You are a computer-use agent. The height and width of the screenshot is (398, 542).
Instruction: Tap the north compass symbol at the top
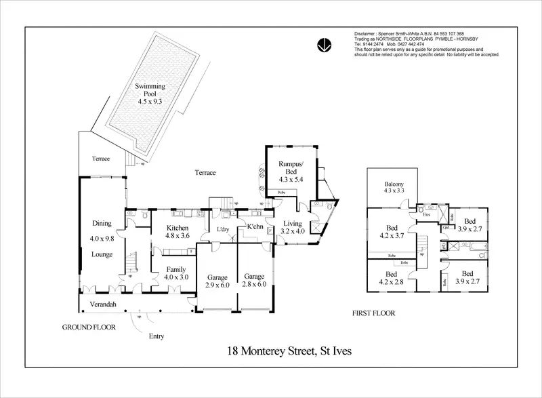tap(324, 45)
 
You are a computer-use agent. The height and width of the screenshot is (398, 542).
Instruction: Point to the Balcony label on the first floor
tap(394, 187)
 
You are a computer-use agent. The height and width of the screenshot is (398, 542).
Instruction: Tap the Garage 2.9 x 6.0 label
tap(217, 281)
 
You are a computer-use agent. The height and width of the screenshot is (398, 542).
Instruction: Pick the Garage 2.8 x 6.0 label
tap(255, 281)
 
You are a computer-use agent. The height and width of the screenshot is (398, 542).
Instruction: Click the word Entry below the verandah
tap(157, 335)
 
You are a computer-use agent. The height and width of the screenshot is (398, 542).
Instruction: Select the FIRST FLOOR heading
tap(374, 314)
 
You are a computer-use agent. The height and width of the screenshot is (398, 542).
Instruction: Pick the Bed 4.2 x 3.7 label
tap(392, 232)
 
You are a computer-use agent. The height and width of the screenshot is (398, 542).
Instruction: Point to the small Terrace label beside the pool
tap(101, 159)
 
